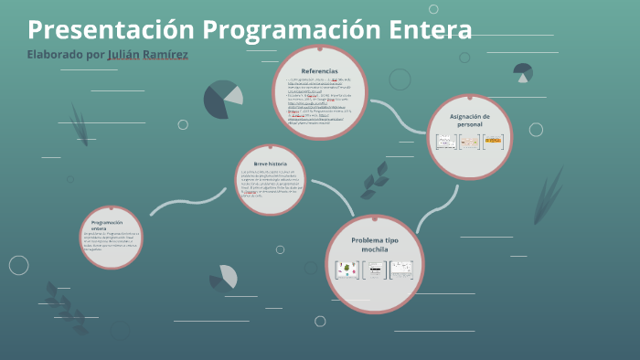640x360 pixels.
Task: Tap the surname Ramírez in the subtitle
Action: click(162, 55)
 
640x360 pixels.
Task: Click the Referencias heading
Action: click(319, 70)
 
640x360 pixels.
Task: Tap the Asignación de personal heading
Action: click(470, 120)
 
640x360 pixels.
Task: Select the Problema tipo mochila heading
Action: click(375, 244)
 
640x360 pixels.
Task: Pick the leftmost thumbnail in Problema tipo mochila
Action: click(347, 270)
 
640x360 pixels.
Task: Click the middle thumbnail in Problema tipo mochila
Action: click(375, 270)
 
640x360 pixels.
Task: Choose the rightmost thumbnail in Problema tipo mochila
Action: click(402, 270)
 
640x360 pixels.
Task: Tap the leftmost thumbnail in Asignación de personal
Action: click(445, 142)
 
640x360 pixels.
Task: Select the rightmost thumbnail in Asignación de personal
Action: click(494, 142)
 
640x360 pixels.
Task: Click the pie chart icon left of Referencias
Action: click(222, 100)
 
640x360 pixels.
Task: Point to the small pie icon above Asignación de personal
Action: click(523, 72)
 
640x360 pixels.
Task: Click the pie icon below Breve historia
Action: click(224, 277)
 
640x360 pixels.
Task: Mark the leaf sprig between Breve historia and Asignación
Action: click(374, 180)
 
